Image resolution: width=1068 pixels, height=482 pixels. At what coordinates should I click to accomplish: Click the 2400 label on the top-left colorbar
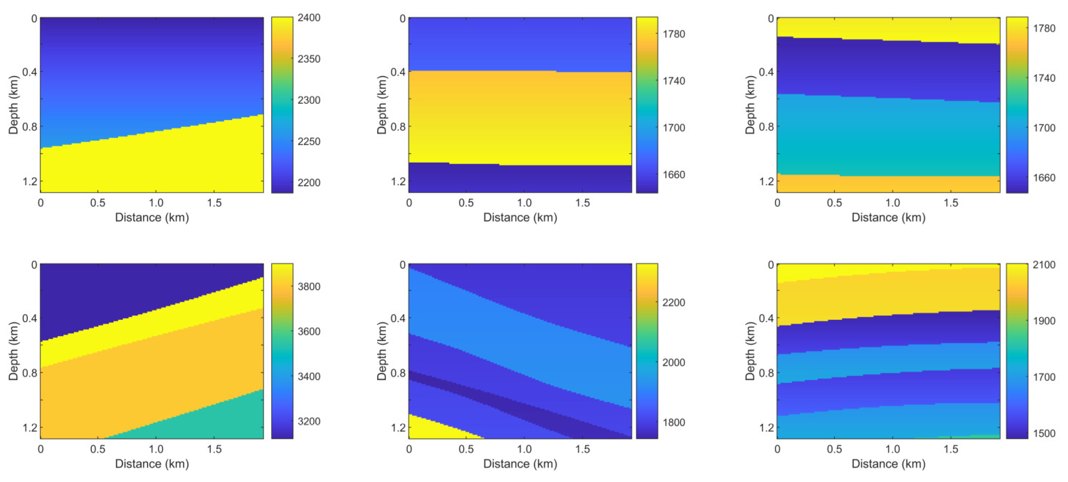click(x=309, y=18)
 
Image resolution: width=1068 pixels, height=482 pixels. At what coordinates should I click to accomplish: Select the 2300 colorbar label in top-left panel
click(x=309, y=100)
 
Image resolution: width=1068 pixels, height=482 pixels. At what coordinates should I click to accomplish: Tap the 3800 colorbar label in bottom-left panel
click(x=309, y=287)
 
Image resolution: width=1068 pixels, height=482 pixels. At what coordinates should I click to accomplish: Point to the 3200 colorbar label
click(x=309, y=422)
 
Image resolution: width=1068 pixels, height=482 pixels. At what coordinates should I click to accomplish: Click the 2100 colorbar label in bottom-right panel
click(x=1043, y=265)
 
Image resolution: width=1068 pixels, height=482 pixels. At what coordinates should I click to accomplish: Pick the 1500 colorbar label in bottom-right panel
click(x=1043, y=434)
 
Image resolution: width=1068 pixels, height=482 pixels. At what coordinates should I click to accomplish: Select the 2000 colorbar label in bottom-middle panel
click(x=673, y=362)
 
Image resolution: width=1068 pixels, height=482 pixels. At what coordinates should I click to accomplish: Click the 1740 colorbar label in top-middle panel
click(x=673, y=81)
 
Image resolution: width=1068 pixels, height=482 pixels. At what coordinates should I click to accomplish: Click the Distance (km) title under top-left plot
click(x=152, y=218)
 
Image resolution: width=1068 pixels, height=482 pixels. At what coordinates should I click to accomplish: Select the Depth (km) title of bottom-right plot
click(x=750, y=351)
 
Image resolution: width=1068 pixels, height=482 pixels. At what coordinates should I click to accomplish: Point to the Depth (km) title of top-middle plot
click(x=382, y=105)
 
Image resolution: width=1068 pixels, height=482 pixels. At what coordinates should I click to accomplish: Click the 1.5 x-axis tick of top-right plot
click(x=951, y=203)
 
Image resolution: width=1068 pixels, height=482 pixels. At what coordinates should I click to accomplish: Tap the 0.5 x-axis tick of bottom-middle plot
click(x=466, y=449)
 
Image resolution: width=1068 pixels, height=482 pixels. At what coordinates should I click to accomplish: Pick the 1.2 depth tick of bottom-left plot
click(x=29, y=428)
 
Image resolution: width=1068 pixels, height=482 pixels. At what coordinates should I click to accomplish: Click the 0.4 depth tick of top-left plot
click(x=29, y=72)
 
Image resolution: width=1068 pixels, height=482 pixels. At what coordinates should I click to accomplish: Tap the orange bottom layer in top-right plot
click(x=887, y=184)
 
